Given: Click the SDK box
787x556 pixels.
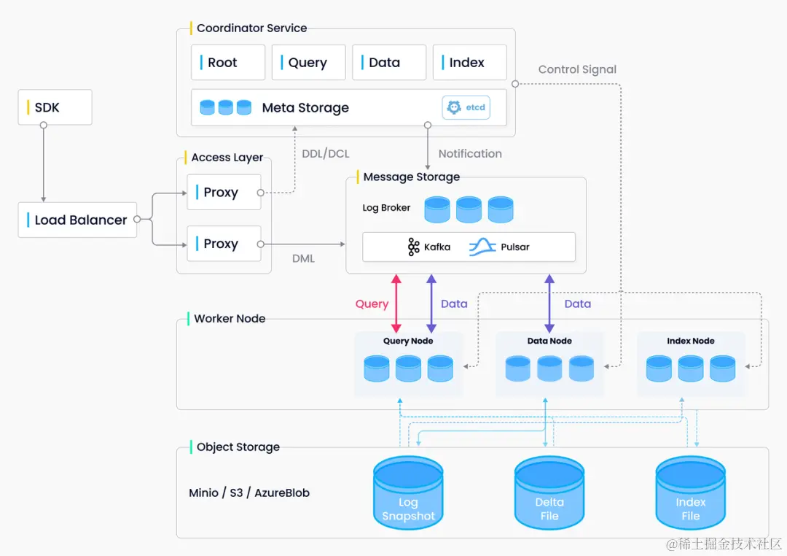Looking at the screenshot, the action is point(55,107).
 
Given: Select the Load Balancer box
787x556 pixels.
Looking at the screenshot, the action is point(77,220).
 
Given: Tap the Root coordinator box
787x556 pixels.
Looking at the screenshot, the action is point(228,62).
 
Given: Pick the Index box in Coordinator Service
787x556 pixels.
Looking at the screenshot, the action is point(470,62).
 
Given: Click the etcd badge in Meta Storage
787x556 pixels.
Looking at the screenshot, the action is point(466,107).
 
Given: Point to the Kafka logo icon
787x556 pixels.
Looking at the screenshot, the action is point(414,247).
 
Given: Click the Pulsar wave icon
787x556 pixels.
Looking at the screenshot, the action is point(482,247).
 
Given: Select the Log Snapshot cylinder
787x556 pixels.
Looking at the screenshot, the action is point(408,493).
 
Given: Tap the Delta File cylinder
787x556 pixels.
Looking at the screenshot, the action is point(549,493).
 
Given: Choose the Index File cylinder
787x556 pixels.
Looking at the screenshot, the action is point(691,493).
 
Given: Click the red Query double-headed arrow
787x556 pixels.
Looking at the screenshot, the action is point(396,304).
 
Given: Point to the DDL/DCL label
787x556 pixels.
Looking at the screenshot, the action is point(326,154).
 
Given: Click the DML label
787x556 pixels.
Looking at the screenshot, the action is point(304,258).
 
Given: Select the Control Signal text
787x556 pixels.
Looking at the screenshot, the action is point(577,69).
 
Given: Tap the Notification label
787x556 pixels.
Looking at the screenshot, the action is point(470,154).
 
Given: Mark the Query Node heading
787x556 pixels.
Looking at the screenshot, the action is point(408,341).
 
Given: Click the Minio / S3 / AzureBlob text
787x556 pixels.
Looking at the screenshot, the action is point(249,493).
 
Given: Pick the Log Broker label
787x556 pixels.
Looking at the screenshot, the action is point(386,208).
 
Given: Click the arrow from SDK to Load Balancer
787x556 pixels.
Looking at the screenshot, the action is point(44,163).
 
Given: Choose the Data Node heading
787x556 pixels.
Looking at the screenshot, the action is point(549,341).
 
